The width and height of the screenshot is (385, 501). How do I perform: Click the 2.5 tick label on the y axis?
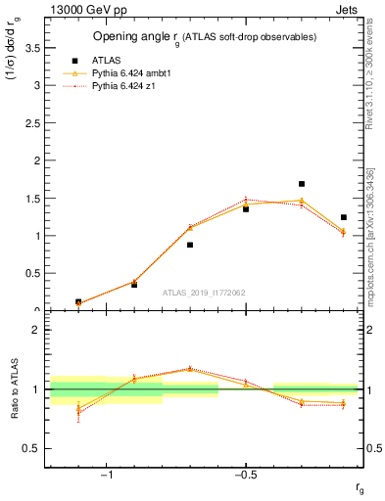(31, 122)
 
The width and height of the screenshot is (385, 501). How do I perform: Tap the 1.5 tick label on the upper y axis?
(31, 198)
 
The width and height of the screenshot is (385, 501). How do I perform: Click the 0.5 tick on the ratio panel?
(31, 448)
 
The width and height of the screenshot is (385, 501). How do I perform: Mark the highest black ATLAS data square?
(302, 184)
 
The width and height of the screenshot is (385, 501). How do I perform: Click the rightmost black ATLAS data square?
(343, 217)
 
